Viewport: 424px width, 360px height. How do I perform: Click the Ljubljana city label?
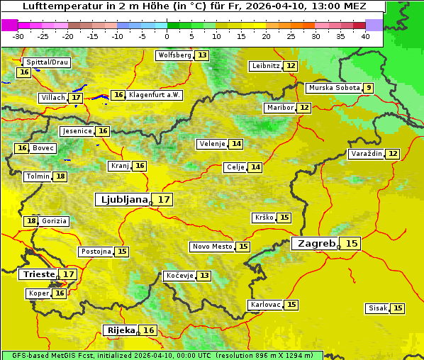123,200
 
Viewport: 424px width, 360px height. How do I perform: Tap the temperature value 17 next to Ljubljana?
164,200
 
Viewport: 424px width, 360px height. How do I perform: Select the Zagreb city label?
316,244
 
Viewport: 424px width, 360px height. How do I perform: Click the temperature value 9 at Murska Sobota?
368,88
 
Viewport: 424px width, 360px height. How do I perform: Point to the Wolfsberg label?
174,55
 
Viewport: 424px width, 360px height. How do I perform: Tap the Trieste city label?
38,274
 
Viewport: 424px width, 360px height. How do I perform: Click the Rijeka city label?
121,330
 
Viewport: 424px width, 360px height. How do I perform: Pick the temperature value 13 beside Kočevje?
204,276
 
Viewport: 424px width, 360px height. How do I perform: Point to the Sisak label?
378,308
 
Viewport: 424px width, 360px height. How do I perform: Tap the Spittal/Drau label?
47,62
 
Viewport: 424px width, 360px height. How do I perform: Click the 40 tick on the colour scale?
365,36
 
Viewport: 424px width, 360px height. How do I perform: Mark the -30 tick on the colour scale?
18,36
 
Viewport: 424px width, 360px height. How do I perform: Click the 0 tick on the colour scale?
167,36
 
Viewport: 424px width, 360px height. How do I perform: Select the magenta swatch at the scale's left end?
9,25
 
